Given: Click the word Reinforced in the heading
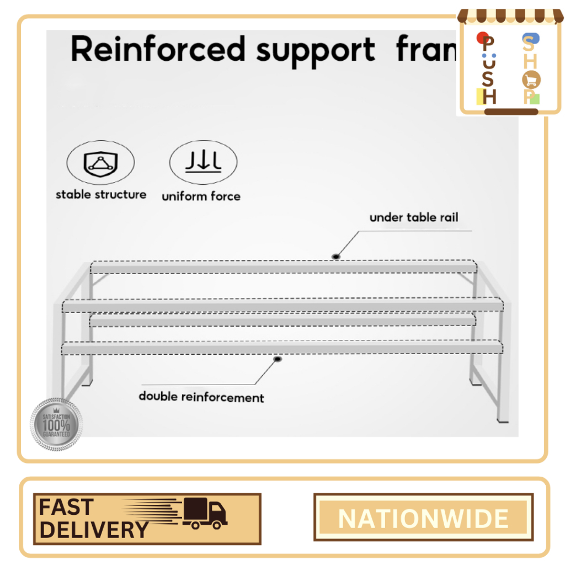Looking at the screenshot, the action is click(158, 50).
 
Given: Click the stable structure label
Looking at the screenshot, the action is click(101, 194).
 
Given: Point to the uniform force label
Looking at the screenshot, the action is click(201, 196).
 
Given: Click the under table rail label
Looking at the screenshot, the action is click(414, 217).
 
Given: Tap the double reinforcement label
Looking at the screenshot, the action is click(201, 397).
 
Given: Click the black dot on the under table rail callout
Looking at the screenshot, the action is click(335, 257).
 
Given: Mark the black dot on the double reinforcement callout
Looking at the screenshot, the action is click(278, 359).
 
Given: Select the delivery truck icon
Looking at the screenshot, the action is click(205, 513).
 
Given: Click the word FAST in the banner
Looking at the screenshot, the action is click(66, 506).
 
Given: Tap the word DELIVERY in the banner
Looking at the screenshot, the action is click(94, 530).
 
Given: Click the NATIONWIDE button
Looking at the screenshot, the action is click(423, 519).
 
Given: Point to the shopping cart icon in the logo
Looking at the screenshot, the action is click(531, 81).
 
